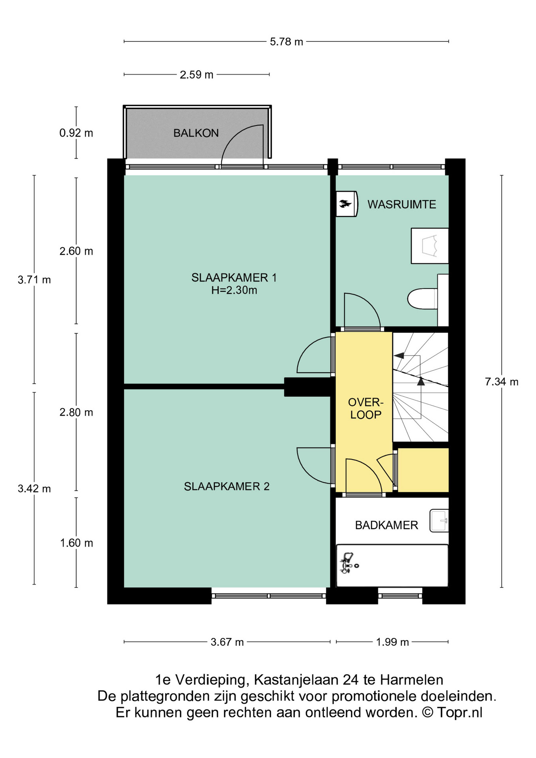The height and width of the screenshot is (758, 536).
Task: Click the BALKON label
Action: click(196, 133)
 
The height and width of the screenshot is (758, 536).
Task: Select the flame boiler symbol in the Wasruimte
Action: click(346, 204)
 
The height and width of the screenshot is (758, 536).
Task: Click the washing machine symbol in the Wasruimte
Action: click(429, 246)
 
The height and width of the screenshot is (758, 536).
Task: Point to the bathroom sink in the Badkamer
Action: click(439, 521)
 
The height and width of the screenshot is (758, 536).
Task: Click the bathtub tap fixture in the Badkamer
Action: click(348, 563)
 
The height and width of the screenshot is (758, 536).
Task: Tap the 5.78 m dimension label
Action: click(286, 41)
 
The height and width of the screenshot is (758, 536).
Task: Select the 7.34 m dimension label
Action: click(501, 382)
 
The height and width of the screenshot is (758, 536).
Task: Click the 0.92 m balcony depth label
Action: click(76, 133)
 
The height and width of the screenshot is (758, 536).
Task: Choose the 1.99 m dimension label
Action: click(392, 642)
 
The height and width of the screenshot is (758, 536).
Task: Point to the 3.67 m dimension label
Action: click(227, 642)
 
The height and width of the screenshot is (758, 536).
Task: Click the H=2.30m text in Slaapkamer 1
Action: click(234, 291)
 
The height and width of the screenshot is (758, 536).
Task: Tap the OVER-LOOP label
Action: click(365, 409)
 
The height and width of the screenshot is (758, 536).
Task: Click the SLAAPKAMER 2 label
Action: click(227, 486)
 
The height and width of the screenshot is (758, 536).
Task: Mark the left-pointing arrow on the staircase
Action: click(399, 355)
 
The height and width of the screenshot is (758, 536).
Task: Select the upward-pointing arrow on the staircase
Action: click(421, 381)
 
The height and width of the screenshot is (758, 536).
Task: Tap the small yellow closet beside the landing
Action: click(423, 470)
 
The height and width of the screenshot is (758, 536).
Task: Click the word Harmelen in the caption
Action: click(411, 680)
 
